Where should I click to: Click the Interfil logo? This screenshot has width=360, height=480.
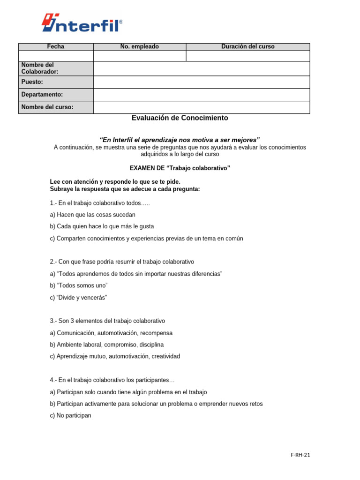coord(82,22)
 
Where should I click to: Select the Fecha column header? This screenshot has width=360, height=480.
coord(56,47)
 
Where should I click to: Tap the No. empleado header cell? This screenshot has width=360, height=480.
coord(140,47)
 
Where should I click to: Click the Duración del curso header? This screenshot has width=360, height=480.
coord(247,47)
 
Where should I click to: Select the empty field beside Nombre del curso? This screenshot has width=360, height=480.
coord(202,107)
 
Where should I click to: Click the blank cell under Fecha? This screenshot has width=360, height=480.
coord(56,56)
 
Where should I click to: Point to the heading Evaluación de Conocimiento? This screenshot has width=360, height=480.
coord(180,118)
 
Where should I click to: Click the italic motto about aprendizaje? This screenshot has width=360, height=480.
coord(180,140)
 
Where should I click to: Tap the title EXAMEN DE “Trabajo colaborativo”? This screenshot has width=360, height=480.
coord(180,168)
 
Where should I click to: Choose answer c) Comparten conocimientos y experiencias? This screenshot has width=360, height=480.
coord(146,239)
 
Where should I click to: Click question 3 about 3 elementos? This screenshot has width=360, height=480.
coord(107,321)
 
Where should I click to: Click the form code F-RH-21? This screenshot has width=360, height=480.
coord(300,455)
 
